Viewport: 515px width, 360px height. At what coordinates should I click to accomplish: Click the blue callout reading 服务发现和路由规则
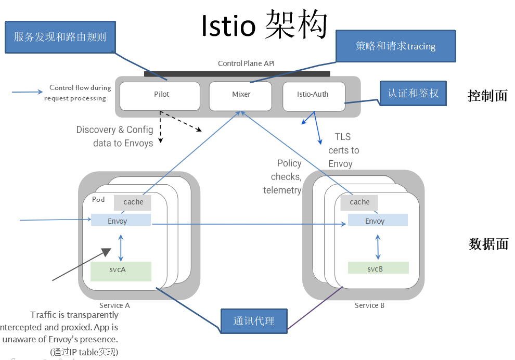click(60, 37)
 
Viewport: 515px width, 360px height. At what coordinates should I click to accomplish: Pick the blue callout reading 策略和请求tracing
click(395, 46)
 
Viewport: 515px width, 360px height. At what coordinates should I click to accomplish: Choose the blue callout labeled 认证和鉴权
click(413, 94)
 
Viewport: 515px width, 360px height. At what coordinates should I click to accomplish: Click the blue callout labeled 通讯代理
click(253, 321)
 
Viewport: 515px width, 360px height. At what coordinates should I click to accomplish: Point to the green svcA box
click(121, 271)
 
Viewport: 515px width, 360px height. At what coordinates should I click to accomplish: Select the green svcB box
click(378, 268)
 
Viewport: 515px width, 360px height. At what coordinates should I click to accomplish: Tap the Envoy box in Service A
click(121, 220)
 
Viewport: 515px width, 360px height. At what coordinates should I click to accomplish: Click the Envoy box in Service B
click(378, 220)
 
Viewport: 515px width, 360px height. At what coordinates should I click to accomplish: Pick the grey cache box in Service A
click(133, 202)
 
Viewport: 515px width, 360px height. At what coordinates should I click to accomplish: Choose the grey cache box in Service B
click(359, 202)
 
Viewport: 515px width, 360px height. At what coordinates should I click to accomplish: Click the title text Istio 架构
click(264, 25)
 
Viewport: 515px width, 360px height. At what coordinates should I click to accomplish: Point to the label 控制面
click(487, 96)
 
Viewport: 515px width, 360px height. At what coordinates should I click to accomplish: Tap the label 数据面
click(488, 244)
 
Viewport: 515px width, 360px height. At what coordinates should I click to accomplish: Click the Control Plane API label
click(246, 63)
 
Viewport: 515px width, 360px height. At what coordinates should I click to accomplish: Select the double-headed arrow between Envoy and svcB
click(378, 246)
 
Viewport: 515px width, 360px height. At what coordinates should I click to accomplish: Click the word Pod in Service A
click(98, 200)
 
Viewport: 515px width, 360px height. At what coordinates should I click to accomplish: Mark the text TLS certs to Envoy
click(343, 150)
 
